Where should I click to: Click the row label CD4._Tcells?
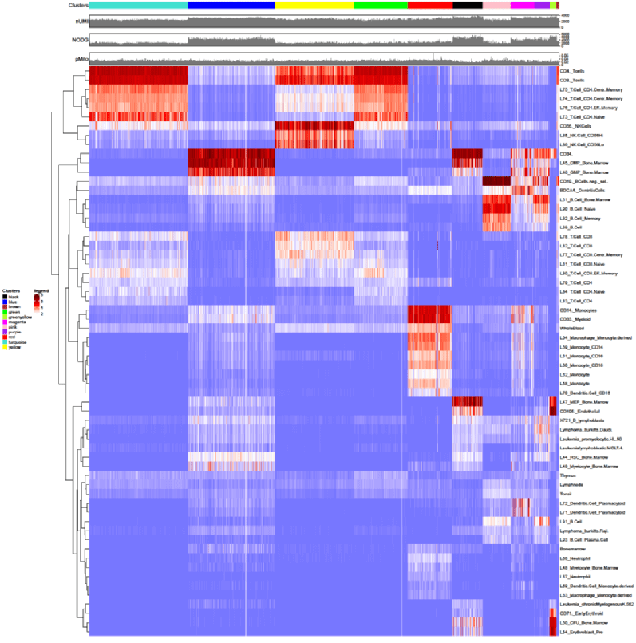click(573, 71)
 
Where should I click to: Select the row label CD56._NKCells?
click(576, 125)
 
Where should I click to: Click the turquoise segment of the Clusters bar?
click(138, 6)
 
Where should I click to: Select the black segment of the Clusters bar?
click(467, 6)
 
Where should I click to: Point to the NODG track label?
click(77, 39)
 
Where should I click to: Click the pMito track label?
click(78, 58)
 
